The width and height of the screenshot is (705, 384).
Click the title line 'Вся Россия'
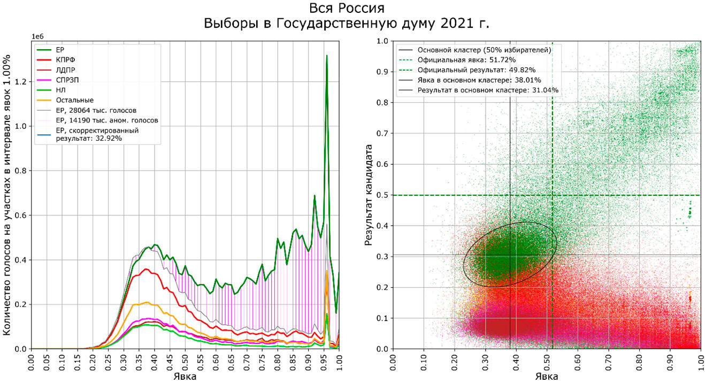(x=347, y=8)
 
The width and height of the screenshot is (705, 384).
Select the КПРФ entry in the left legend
(x=65, y=60)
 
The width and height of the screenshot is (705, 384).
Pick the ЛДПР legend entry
(x=65, y=70)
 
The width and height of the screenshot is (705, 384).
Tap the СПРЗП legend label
(x=67, y=80)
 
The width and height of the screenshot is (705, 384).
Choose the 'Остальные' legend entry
(x=75, y=100)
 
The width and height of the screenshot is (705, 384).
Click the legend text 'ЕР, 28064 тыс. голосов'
(x=96, y=110)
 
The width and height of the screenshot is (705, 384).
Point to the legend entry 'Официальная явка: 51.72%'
(x=466, y=60)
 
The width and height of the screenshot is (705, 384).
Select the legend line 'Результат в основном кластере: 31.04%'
(x=488, y=90)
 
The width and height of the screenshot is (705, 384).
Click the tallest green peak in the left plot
(x=327, y=56)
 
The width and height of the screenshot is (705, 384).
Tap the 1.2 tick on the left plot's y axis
(x=23, y=82)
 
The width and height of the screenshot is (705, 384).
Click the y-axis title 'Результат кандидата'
(x=369, y=195)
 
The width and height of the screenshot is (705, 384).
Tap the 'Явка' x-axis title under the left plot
(x=185, y=377)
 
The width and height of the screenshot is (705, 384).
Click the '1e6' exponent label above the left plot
(x=37, y=36)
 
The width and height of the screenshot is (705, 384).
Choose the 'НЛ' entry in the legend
(x=61, y=90)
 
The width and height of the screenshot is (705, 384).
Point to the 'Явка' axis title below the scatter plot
(x=547, y=377)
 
